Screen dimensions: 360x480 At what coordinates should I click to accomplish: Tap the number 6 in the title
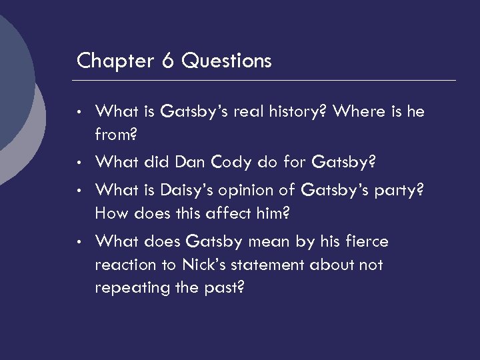point(167,61)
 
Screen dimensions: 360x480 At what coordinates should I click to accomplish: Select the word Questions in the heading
point(227,61)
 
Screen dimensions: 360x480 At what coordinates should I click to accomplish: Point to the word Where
point(360,111)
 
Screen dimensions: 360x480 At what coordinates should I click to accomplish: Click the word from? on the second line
point(116,135)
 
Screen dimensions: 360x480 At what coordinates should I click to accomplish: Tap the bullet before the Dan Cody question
point(79,163)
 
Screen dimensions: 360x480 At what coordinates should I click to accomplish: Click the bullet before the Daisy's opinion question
point(79,191)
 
